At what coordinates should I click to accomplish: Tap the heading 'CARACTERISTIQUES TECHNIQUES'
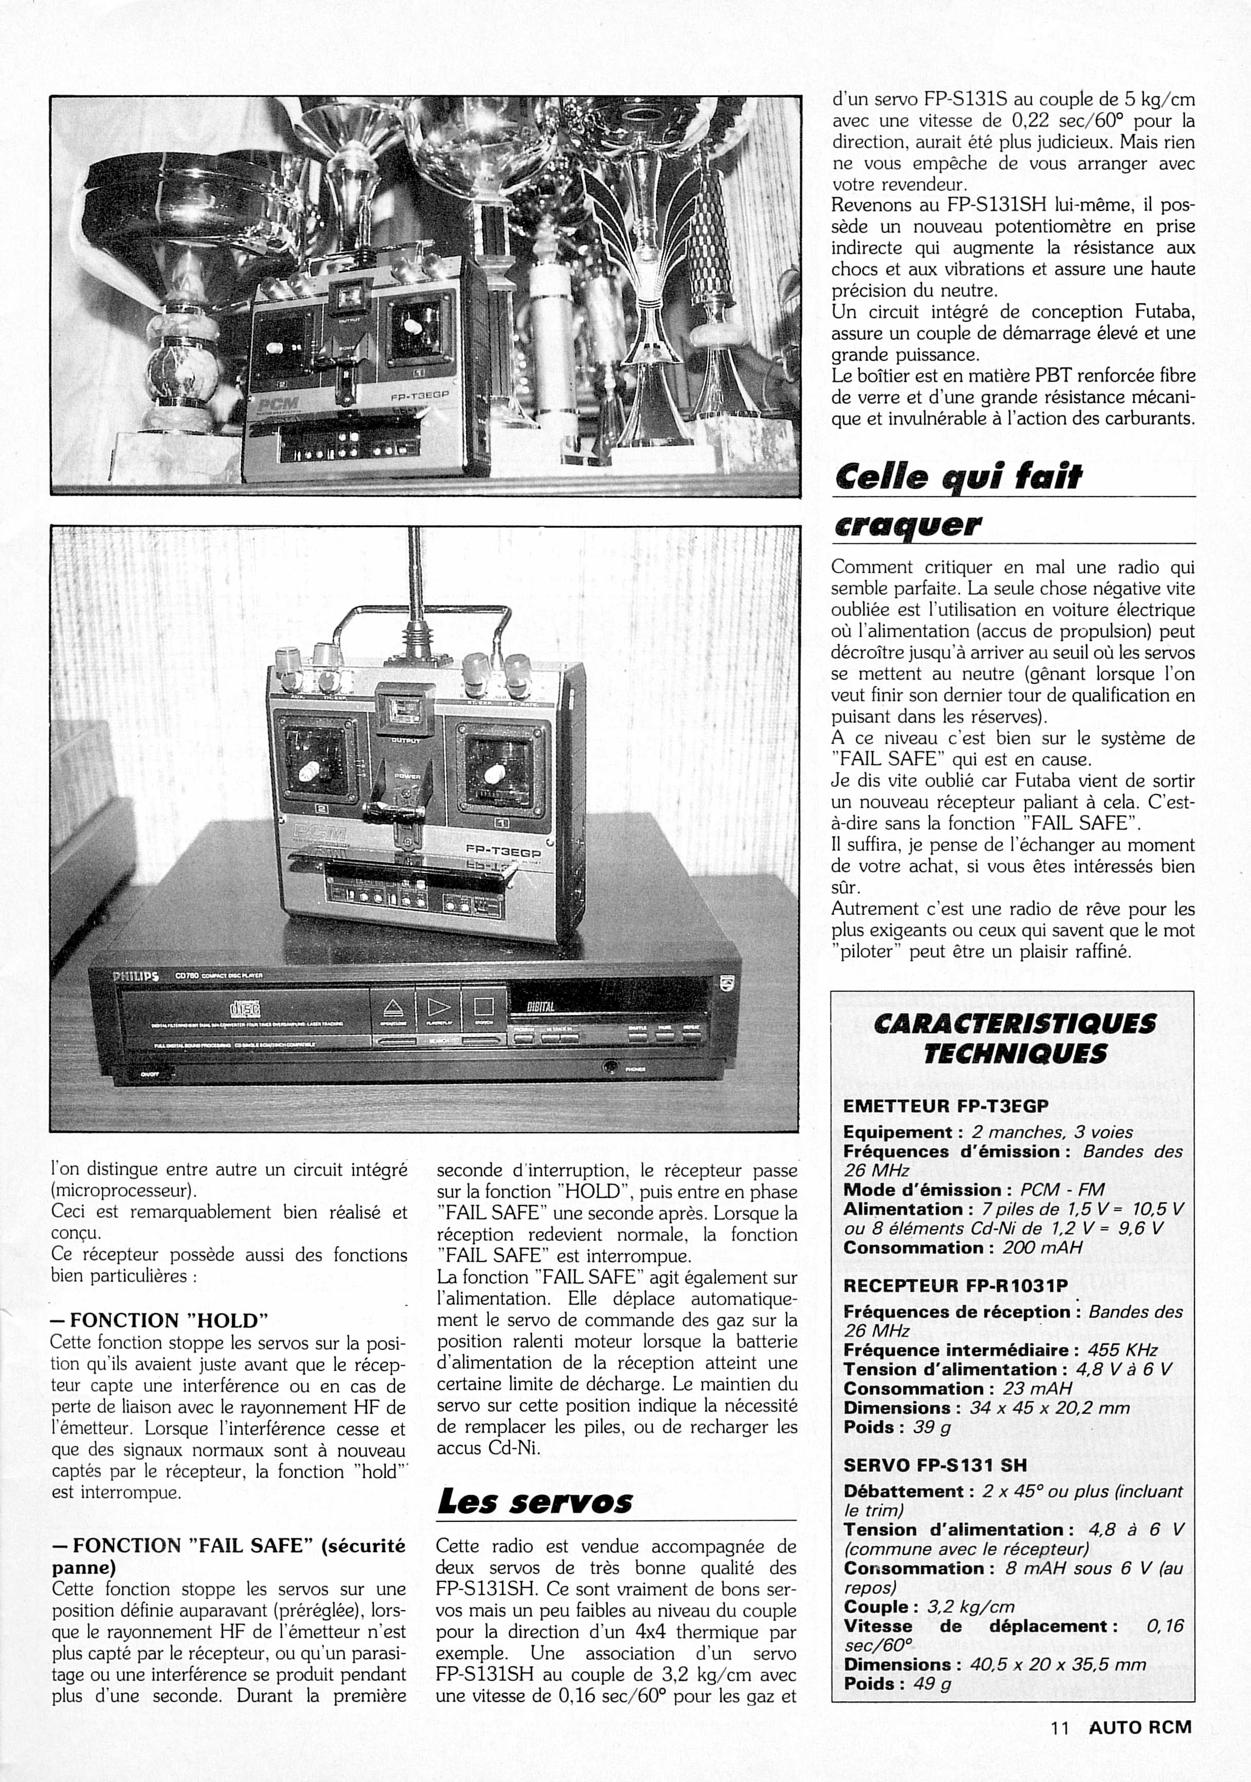coord(1014,1038)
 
